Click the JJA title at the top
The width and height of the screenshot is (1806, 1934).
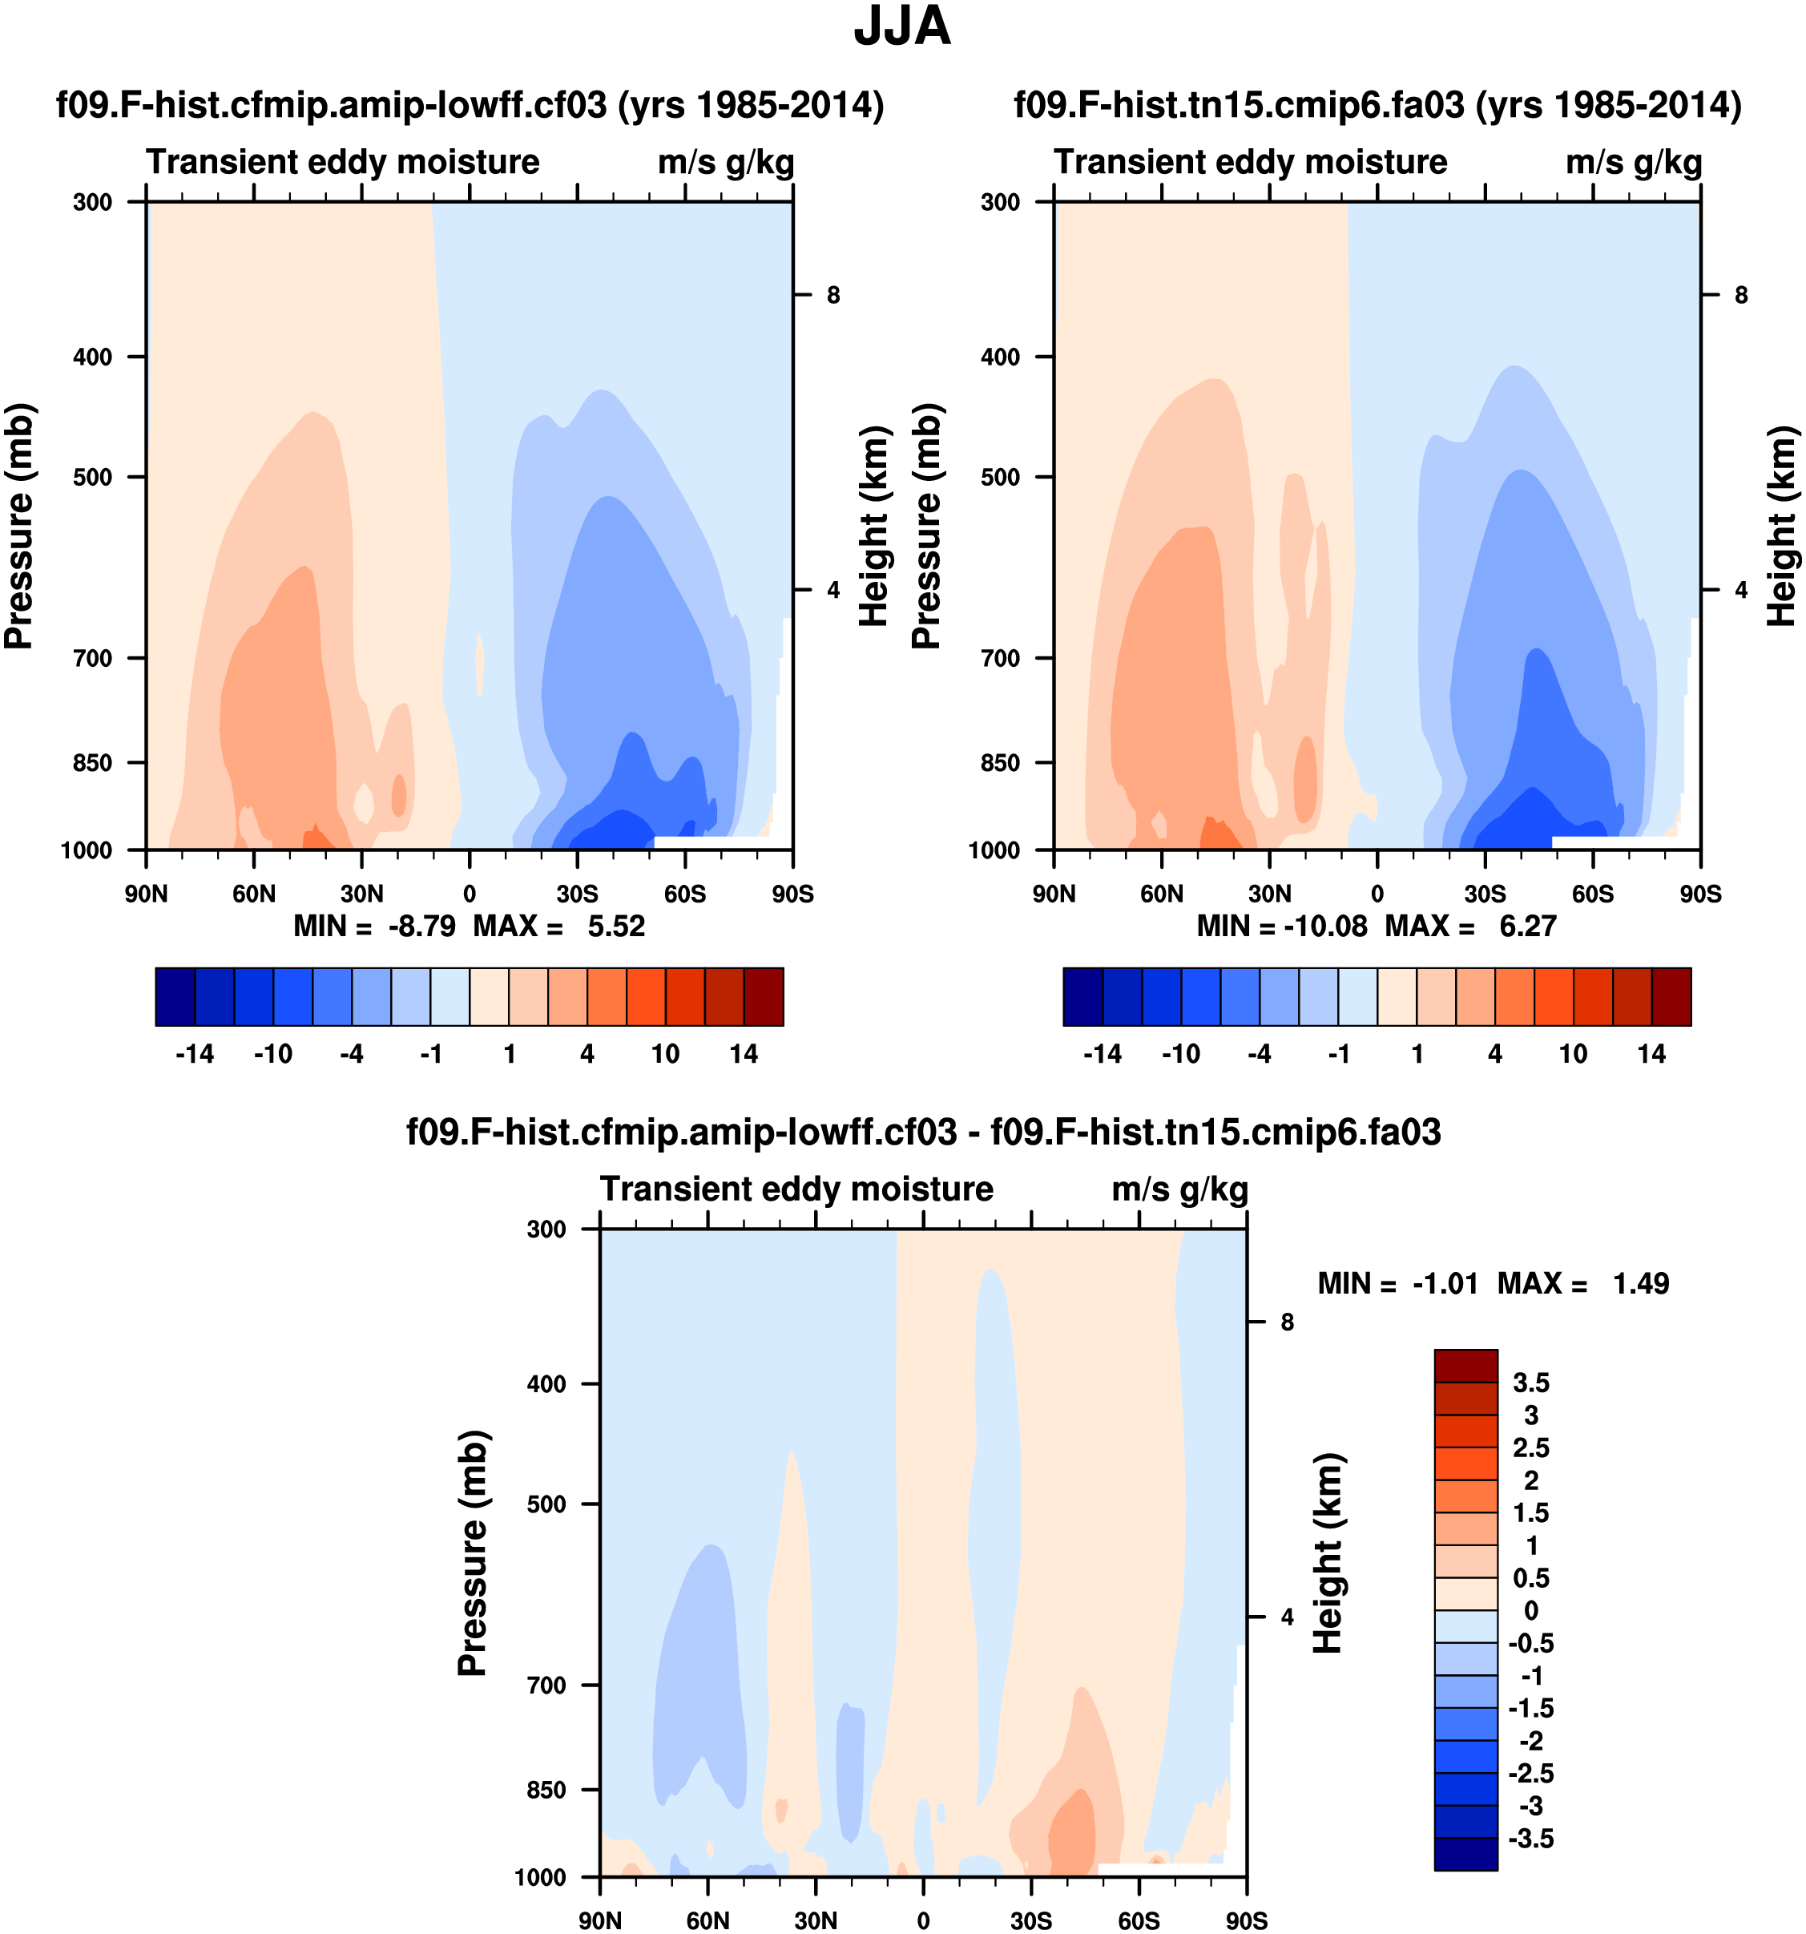point(901,27)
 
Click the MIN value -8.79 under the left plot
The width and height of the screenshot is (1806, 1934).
point(421,927)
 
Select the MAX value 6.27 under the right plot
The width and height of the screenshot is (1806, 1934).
point(1527,927)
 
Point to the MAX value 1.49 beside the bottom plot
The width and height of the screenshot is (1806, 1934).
point(1641,1284)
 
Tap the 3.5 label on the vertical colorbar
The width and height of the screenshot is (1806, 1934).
point(1530,1383)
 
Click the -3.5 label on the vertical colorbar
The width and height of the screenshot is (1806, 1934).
point(1530,1839)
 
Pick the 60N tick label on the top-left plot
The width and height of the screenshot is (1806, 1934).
point(254,894)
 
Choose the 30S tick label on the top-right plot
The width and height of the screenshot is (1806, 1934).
point(1485,894)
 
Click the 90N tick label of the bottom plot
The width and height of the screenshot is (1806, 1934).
point(600,1920)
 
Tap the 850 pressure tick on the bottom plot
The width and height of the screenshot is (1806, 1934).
point(546,1790)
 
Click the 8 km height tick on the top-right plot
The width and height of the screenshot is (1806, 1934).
point(1741,295)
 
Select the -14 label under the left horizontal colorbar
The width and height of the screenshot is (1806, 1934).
point(195,1055)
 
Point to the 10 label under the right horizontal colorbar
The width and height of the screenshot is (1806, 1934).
point(1573,1055)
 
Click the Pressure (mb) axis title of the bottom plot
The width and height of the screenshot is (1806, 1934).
point(473,1552)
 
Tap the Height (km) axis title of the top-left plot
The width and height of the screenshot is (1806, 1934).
point(875,525)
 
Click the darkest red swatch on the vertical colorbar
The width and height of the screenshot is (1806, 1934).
point(1465,1366)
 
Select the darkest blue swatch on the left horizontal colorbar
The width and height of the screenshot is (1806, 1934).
point(175,996)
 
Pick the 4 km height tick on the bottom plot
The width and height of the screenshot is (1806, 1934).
point(1287,1617)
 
